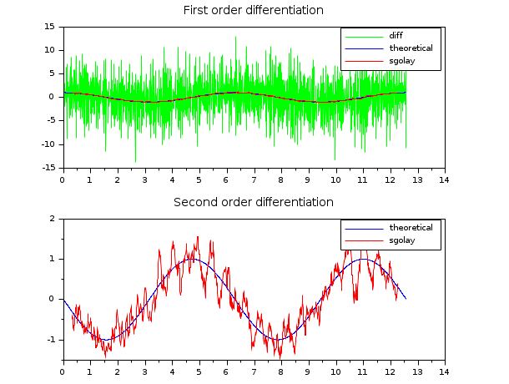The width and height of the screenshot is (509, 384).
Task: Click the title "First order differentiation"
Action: click(254, 10)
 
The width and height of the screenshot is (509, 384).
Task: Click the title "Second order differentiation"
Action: click(254, 202)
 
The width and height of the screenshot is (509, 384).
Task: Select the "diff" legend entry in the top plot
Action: click(396, 36)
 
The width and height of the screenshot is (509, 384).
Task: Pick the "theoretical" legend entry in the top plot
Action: click(411, 48)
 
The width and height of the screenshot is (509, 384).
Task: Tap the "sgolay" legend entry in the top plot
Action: click(401, 61)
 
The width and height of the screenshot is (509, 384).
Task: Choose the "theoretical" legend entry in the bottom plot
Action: click(411, 228)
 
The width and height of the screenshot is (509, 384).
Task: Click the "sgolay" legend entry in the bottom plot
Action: click(401, 240)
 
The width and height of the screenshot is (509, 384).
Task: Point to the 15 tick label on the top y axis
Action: click(49, 27)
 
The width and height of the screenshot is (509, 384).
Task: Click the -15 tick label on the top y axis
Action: click(48, 168)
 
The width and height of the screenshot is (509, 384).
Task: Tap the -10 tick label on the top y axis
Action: click(48, 144)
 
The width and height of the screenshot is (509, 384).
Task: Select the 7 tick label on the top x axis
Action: click(253, 179)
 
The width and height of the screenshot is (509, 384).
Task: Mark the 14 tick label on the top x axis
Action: click(444, 179)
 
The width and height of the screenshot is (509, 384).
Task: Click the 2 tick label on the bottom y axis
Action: click(53, 219)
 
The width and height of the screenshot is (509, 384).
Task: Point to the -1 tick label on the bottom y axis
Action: click(51, 340)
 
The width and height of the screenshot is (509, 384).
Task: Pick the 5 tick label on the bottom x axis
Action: click(199, 371)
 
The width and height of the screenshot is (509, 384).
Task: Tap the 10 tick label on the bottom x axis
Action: click(335, 371)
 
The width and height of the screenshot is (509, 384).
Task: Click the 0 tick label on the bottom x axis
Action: click(63, 371)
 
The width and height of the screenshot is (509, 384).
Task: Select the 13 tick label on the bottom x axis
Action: click(416, 371)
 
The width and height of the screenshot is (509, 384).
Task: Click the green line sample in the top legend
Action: click(360, 36)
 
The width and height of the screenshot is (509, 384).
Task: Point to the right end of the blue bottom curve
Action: click(406, 298)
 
